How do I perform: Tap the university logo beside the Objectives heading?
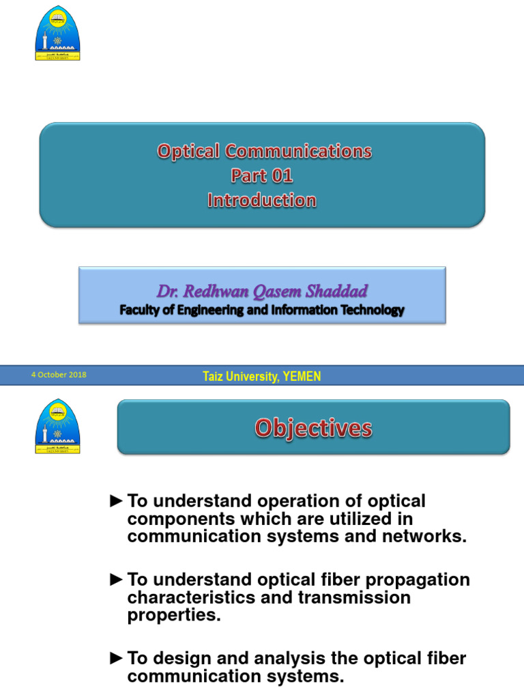[x=57, y=427]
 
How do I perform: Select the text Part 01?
[x=262, y=176]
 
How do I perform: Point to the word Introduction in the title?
[x=262, y=201]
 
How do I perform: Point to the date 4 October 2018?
[x=59, y=375]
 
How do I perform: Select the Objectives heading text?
[x=313, y=429]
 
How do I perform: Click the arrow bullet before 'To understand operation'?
[x=117, y=501]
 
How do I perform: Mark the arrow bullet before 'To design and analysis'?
[x=117, y=658]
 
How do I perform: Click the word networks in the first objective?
[x=429, y=537]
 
